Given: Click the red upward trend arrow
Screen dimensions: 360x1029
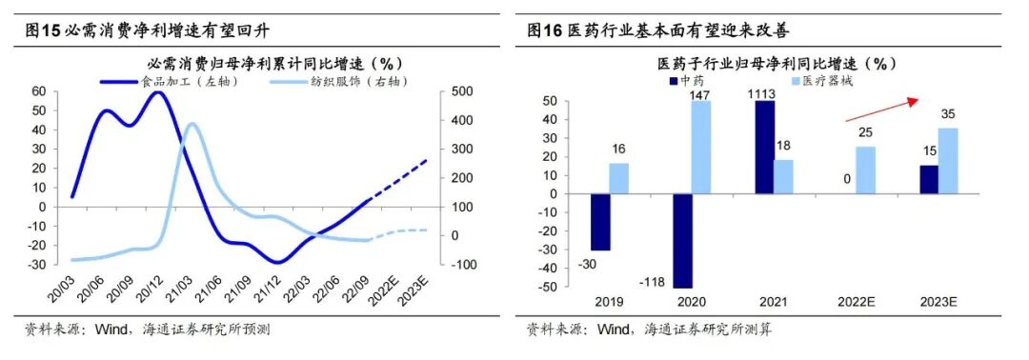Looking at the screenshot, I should [x=882, y=109].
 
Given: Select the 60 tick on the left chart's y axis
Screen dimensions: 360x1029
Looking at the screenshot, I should [x=39, y=91].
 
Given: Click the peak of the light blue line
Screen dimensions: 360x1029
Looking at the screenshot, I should [x=192, y=124].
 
